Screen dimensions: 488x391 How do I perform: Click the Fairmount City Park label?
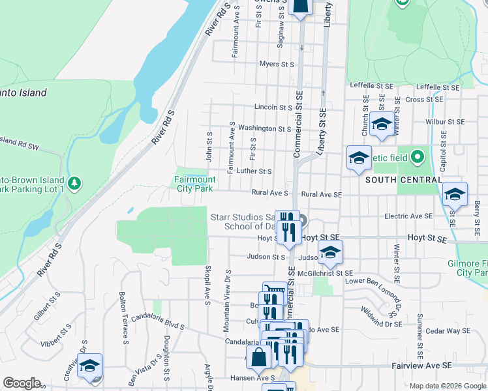[195, 184]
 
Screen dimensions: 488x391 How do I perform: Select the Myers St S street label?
[277, 64]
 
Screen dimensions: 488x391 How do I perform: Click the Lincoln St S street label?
[273, 107]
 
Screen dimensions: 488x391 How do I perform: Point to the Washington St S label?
[264, 128]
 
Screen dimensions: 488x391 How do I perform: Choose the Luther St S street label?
[254, 171]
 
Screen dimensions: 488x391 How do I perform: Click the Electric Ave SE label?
[408, 216]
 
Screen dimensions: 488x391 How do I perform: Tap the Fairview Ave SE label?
[422, 366]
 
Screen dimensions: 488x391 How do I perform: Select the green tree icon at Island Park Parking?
[76, 183]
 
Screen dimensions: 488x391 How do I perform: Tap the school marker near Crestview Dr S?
[89, 366]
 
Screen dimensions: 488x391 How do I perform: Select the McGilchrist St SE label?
[325, 273]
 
